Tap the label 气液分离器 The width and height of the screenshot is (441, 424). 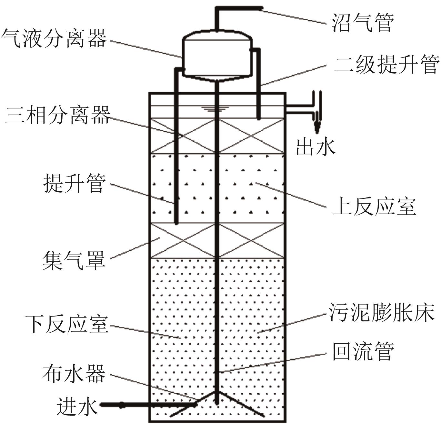click(54, 38)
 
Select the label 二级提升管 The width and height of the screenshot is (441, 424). click(387, 65)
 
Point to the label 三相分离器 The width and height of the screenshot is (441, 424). click(57, 115)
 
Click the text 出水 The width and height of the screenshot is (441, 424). click(316, 147)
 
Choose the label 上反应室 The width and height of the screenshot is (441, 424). click(374, 206)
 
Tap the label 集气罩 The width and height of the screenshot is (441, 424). click(74, 260)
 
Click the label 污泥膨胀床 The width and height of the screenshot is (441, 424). click(381, 312)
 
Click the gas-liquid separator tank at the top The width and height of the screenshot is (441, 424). click(217, 55)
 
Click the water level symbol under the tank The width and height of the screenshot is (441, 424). click(211, 109)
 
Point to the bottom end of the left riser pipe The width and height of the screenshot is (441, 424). click(176, 222)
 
